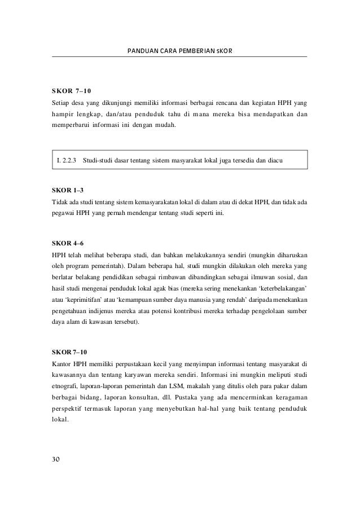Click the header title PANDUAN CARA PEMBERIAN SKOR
[179, 51]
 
